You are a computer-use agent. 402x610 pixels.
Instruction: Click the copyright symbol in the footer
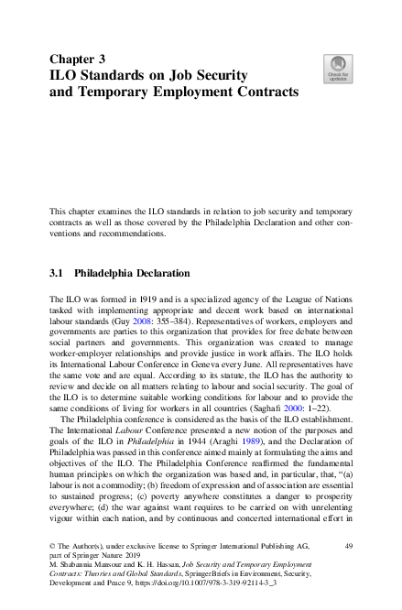tap(52, 546)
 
